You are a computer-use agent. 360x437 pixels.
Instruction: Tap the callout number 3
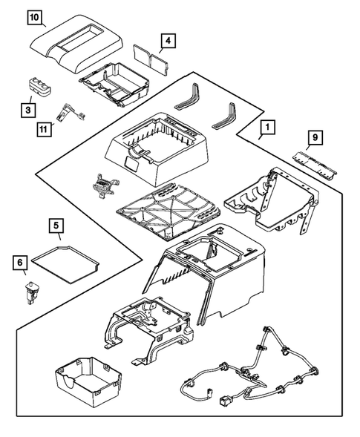pos(28,110)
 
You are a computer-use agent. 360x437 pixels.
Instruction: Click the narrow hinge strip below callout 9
pos(318,161)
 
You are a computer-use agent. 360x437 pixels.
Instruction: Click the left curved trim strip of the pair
pos(186,97)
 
